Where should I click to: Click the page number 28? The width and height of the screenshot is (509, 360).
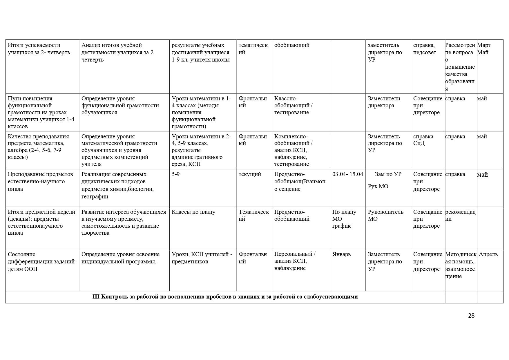coord(471,316)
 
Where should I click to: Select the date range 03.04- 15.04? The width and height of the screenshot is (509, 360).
coord(347,174)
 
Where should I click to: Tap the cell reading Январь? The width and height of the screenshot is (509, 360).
coord(341,254)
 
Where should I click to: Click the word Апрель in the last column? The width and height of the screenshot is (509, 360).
coord(488,254)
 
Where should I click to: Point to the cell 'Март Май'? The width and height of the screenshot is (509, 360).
coord(484,49)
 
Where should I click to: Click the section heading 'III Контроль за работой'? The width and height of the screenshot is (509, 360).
coord(225,297)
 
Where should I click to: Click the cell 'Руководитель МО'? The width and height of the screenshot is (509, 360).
coord(385,216)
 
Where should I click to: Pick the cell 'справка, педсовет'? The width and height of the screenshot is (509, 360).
coord(424,49)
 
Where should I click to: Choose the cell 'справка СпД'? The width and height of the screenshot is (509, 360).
coord(423,140)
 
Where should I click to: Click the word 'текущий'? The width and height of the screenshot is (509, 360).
coord(250,174)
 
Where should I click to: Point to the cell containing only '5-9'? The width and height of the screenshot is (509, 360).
coord(175,174)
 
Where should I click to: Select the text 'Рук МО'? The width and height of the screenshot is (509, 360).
coord(378,187)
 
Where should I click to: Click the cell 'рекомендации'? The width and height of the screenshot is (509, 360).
coord(460,216)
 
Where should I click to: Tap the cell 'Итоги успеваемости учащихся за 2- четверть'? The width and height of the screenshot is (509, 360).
coord(39,49)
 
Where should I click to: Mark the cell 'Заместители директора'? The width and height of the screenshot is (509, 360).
coord(384,102)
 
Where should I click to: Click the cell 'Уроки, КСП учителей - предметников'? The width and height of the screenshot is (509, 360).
coord(202,258)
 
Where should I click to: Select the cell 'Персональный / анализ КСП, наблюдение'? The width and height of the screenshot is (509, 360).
coord(295,261)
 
